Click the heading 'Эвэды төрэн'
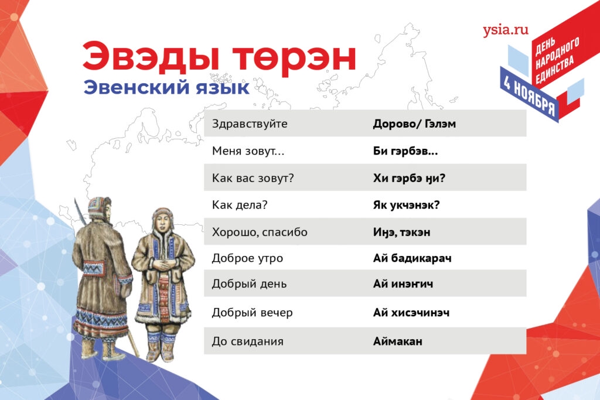coord(219,57)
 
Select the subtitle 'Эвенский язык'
coord(166,88)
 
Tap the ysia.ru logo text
coord(506,30)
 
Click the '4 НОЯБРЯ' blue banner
coord(530,95)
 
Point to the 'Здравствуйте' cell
coord(250,124)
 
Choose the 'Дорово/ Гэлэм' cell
coord(414,124)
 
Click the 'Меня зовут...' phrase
coord(248,151)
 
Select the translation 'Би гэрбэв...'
coord(405,152)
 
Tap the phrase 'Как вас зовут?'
coord(253,178)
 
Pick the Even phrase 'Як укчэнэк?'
coord(407,205)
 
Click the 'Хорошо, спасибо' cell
coord(260,232)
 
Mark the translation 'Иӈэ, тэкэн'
coord(401,232)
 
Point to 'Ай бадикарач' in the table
coord(412,258)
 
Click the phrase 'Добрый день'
coord(249,283)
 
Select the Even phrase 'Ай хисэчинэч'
coord(411,312)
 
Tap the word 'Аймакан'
coord(398,341)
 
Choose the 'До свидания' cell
coord(248,341)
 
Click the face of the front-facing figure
coord(163,223)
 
